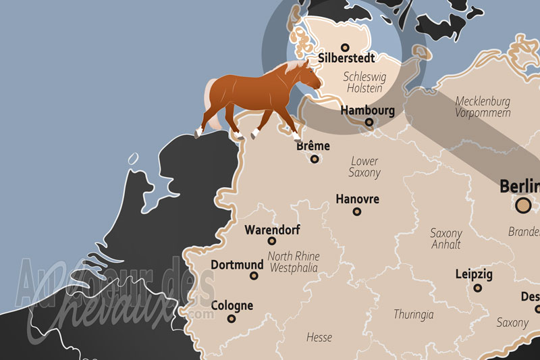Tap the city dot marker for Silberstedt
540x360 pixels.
[346, 47]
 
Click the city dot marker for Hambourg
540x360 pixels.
[369, 122]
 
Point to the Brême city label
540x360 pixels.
[313, 146]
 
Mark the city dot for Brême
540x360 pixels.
[315, 159]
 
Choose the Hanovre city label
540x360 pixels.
[357, 199]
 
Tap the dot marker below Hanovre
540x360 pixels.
[357, 211]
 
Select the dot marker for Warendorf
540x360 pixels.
[272, 240]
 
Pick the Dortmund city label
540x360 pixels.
[236, 265]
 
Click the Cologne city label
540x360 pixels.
[232, 305]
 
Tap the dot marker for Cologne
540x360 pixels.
[232, 318]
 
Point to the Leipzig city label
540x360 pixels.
[474, 275]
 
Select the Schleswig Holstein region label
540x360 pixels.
[363, 82]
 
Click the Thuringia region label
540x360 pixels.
[414, 314]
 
